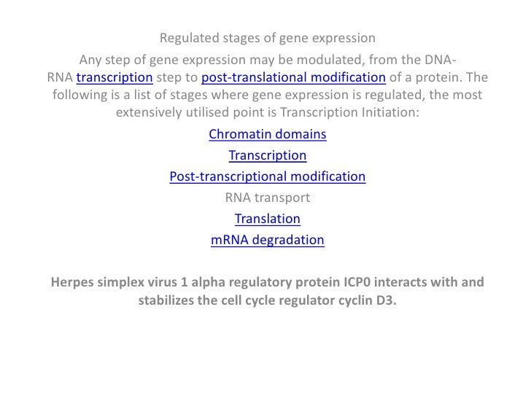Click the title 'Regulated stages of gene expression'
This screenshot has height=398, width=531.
click(267, 38)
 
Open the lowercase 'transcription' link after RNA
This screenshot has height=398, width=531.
click(114, 78)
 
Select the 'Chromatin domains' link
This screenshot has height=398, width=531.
click(267, 135)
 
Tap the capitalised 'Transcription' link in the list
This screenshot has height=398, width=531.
click(267, 155)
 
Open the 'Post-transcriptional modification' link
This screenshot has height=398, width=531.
click(267, 176)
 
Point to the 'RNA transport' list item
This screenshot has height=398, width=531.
click(267, 198)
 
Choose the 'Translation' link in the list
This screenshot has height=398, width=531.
click(267, 219)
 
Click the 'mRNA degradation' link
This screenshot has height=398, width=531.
click(267, 240)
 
